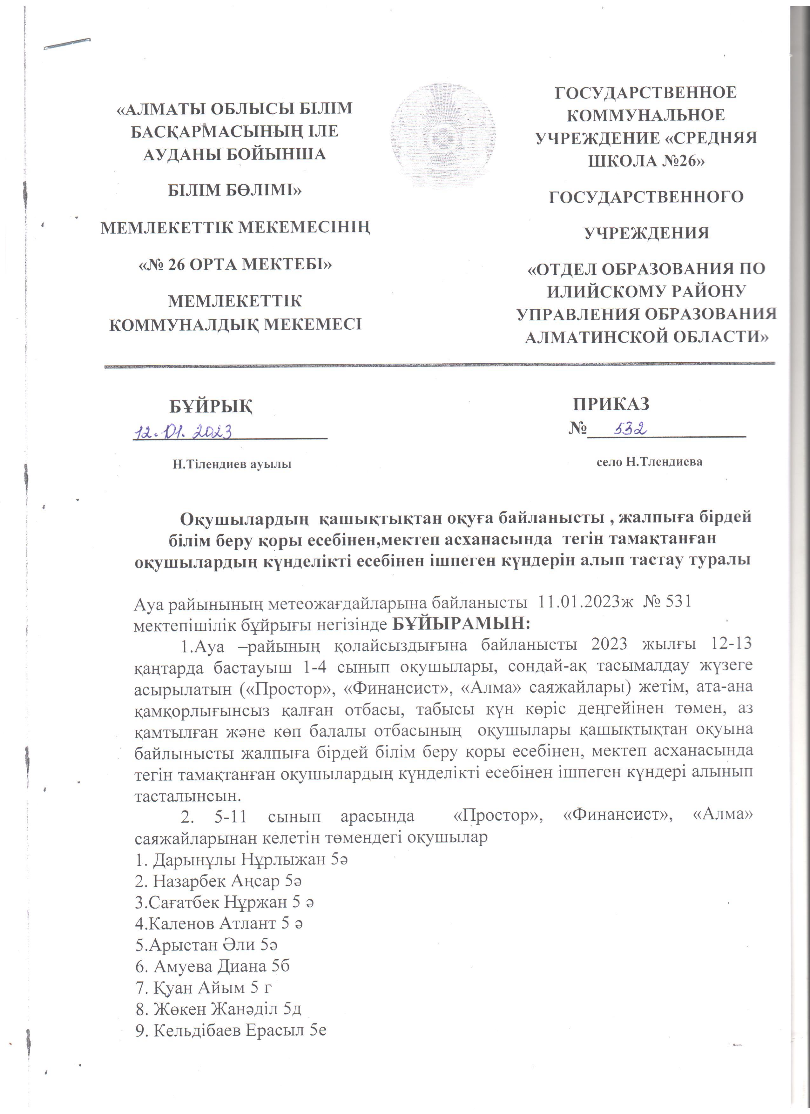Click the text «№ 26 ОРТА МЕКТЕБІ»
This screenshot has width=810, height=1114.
(x=235, y=264)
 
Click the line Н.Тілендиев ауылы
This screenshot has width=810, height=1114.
(x=231, y=464)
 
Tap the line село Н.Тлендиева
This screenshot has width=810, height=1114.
(x=649, y=462)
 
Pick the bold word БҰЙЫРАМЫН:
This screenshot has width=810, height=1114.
(x=462, y=624)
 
